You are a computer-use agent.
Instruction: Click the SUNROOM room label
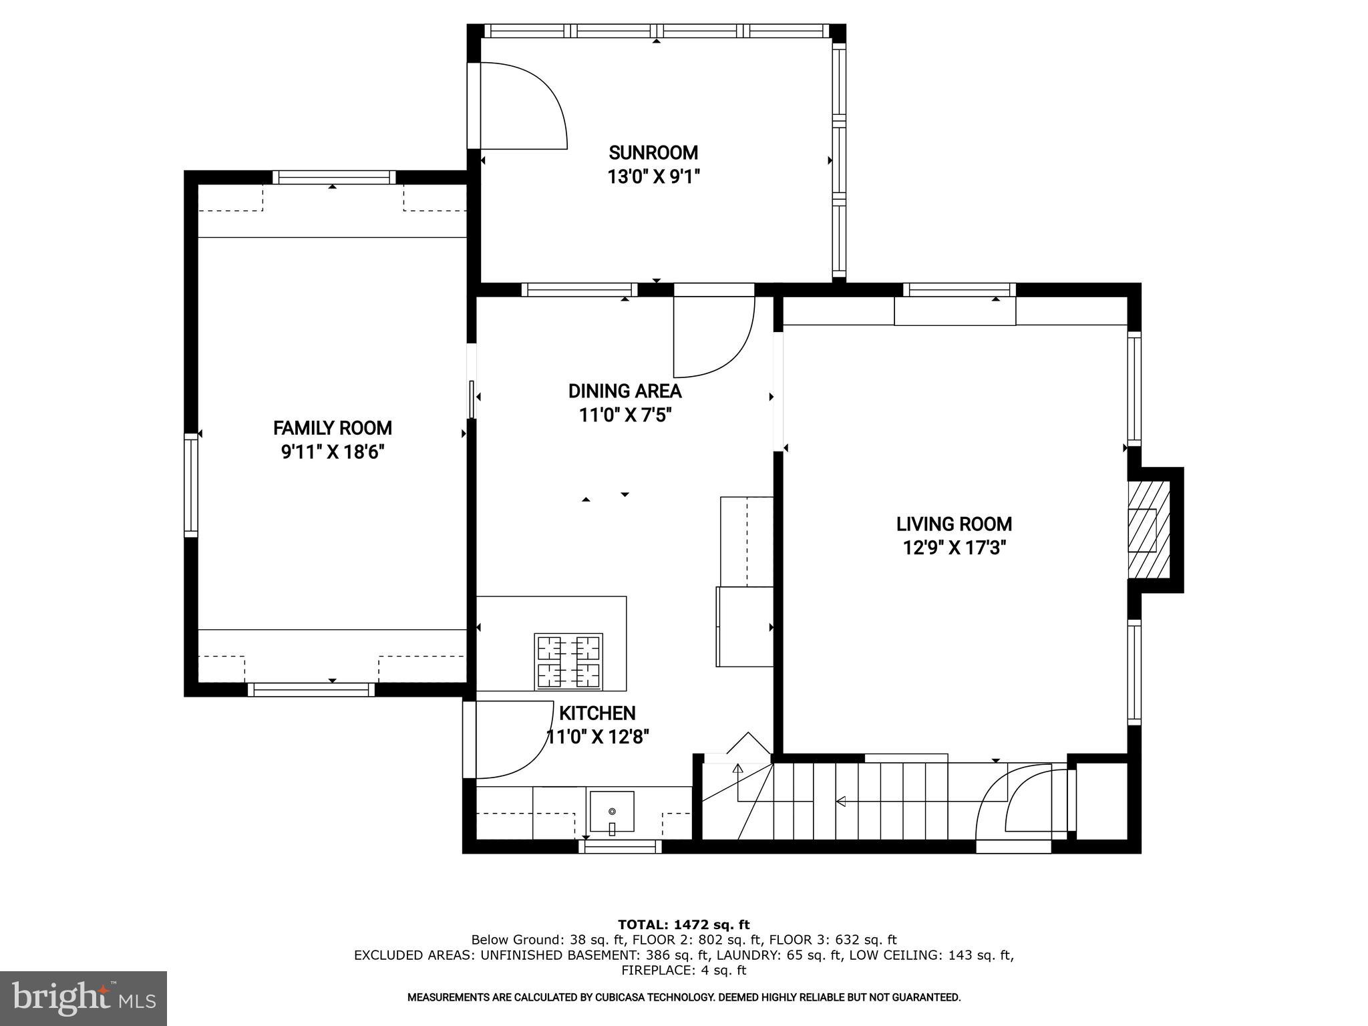[x=653, y=153]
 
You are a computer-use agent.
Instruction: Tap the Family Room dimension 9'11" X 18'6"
[x=332, y=453]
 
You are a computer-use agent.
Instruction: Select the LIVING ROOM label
[x=954, y=524]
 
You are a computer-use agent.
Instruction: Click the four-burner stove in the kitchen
[x=568, y=661]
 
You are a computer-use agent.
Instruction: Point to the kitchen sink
[x=611, y=812]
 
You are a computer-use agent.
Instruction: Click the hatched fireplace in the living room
[x=1148, y=530]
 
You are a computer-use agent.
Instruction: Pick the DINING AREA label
[x=625, y=391]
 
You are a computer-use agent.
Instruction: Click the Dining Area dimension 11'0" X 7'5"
[x=625, y=415]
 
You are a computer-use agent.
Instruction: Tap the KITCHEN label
[x=597, y=713]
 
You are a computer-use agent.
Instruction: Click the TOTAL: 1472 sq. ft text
[x=683, y=925]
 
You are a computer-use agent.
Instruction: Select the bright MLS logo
[x=83, y=998]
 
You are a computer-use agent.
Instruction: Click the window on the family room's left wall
[x=191, y=484]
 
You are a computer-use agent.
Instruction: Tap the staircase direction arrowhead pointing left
[x=841, y=801]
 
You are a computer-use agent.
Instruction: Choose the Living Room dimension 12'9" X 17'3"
[x=954, y=548]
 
